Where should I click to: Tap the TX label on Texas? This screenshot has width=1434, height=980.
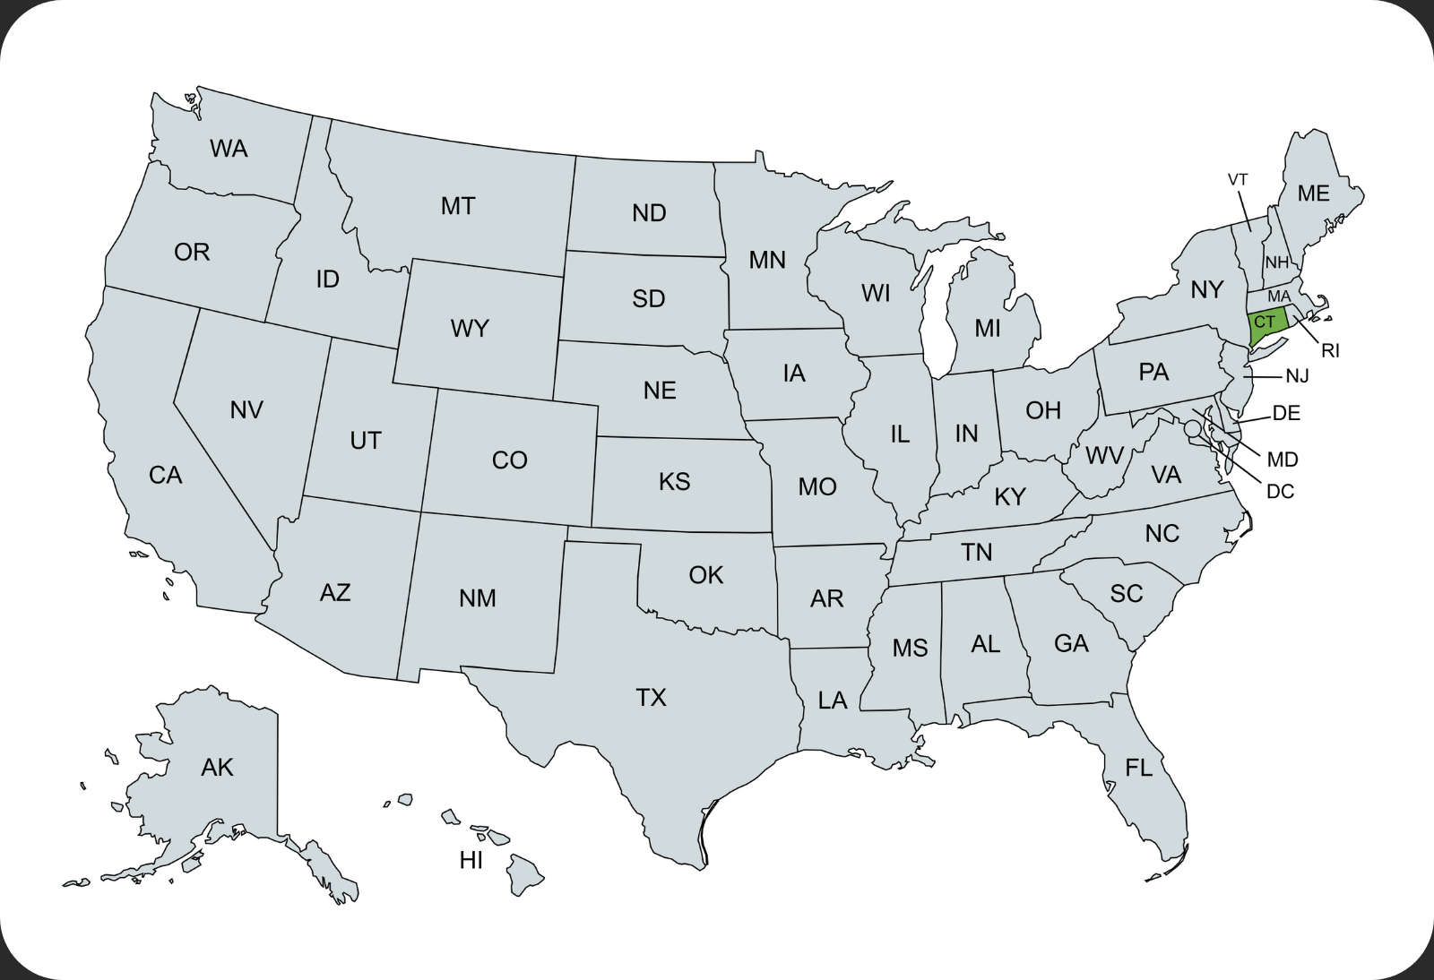[x=652, y=697]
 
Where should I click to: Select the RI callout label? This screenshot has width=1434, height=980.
[x=1330, y=351]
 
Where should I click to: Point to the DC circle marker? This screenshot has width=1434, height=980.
[x=1192, y=429]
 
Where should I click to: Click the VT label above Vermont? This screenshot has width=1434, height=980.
[x=1238, y=180]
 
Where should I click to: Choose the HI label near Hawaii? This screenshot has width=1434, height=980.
[x=471, y=861]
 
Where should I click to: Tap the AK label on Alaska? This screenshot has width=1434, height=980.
[x=217, y=767]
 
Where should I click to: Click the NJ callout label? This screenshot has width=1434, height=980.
[x=1297, y=376]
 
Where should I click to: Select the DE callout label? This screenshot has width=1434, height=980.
[x=1286, y=413]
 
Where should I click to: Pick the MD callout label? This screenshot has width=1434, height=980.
[x=1283, y=460]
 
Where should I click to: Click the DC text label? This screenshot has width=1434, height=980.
[x=1280, y=491]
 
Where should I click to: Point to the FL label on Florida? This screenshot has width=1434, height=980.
[x=1139, y=768]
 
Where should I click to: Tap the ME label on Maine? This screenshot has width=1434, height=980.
[x=1313, y=193]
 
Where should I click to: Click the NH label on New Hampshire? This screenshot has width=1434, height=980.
[x=1276, y=262]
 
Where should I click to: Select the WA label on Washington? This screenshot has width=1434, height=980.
[x=229, y=149]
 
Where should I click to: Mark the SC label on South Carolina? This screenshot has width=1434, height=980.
[x=1127, y=593]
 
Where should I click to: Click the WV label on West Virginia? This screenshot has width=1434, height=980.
[x=1104, y=456]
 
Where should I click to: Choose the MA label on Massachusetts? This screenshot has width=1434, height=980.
[x=1279, y=297]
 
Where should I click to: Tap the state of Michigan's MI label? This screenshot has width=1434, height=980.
[x=988, y=329]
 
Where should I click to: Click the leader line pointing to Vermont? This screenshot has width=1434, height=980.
[x=1245, y=211]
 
